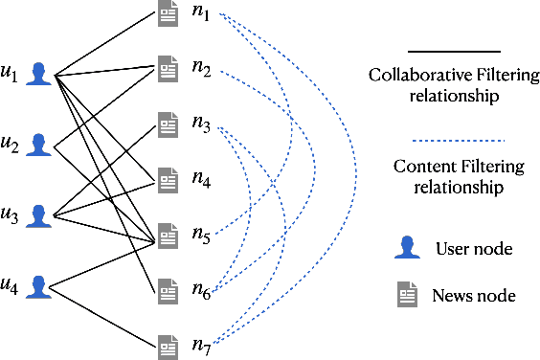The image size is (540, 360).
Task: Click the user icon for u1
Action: [x=38, y=74]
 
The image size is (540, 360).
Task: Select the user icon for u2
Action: [x=38, y=145]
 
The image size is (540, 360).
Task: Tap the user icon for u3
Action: [x=38, y=214]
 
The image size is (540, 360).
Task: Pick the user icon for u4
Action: [x=38, y=285]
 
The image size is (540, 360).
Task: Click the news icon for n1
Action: [x=168, y=13]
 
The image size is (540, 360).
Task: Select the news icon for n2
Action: [x=168, y=68]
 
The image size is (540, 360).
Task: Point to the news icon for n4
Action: [x=168, y=177]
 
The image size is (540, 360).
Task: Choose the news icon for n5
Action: [x=168, y=233]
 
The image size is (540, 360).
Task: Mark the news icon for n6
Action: [x=168, y=287]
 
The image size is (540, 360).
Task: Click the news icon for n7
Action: [x=168, y=342]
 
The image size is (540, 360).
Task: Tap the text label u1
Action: [x=11, y=75]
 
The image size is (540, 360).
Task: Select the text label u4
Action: [x=11, y=285]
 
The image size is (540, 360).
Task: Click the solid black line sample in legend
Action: [x=454, y=51]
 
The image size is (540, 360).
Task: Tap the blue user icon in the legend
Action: [x=408, y=249]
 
